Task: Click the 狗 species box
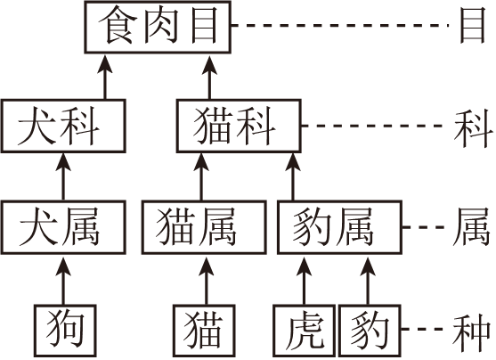click(63, 330)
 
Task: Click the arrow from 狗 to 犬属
click(63, 278)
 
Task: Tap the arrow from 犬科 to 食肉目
click(105, 78)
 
